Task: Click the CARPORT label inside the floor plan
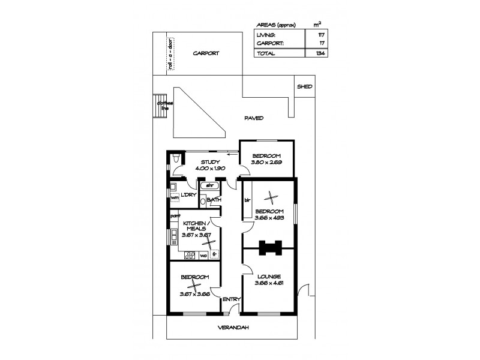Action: point(206,53)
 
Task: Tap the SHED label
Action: point(304,86)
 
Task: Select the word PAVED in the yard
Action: point(254,118)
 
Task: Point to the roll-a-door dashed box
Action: point(171,54)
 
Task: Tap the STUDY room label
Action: point(210,162)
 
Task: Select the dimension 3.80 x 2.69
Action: point(266,162)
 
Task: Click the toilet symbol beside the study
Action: point(175,158)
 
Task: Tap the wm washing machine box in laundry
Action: point(173,199)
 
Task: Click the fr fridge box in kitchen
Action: point(213,254)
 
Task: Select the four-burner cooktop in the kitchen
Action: point(190,254)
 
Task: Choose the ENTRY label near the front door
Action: point(231,299)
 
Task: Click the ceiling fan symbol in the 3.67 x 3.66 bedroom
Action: point(194,286)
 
